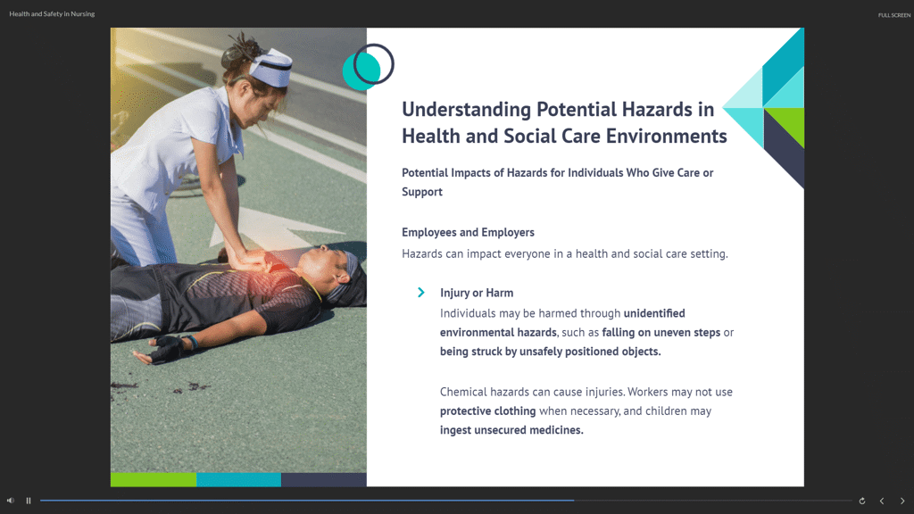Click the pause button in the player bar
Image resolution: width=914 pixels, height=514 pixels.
(x=28, y=501)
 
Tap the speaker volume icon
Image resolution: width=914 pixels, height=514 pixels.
(x=11, y=501)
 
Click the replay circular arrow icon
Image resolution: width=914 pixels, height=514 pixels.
(x=862, y=501)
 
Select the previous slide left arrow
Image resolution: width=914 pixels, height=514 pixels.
(x=882, y=501)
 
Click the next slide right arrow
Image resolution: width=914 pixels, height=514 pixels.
(x=902, y=501)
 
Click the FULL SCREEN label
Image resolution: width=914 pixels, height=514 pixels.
(x=894, y=15)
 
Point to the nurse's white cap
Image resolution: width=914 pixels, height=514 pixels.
(x=271, y=67)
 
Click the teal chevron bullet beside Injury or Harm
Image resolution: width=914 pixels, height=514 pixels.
(x=421, y=293)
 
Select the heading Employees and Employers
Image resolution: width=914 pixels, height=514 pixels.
(x=468, y=232)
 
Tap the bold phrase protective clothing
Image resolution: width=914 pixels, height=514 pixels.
(x=488, y=410)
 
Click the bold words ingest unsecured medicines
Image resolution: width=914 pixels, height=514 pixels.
(x=511, y=430)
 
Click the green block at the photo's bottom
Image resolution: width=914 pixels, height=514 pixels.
(x=154, y=479)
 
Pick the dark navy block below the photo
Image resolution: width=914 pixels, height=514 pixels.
(x=323, y=479)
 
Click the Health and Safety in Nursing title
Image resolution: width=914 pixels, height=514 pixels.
(x=52, y=13)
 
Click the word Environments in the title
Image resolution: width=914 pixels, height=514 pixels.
(x=666, y=136)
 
